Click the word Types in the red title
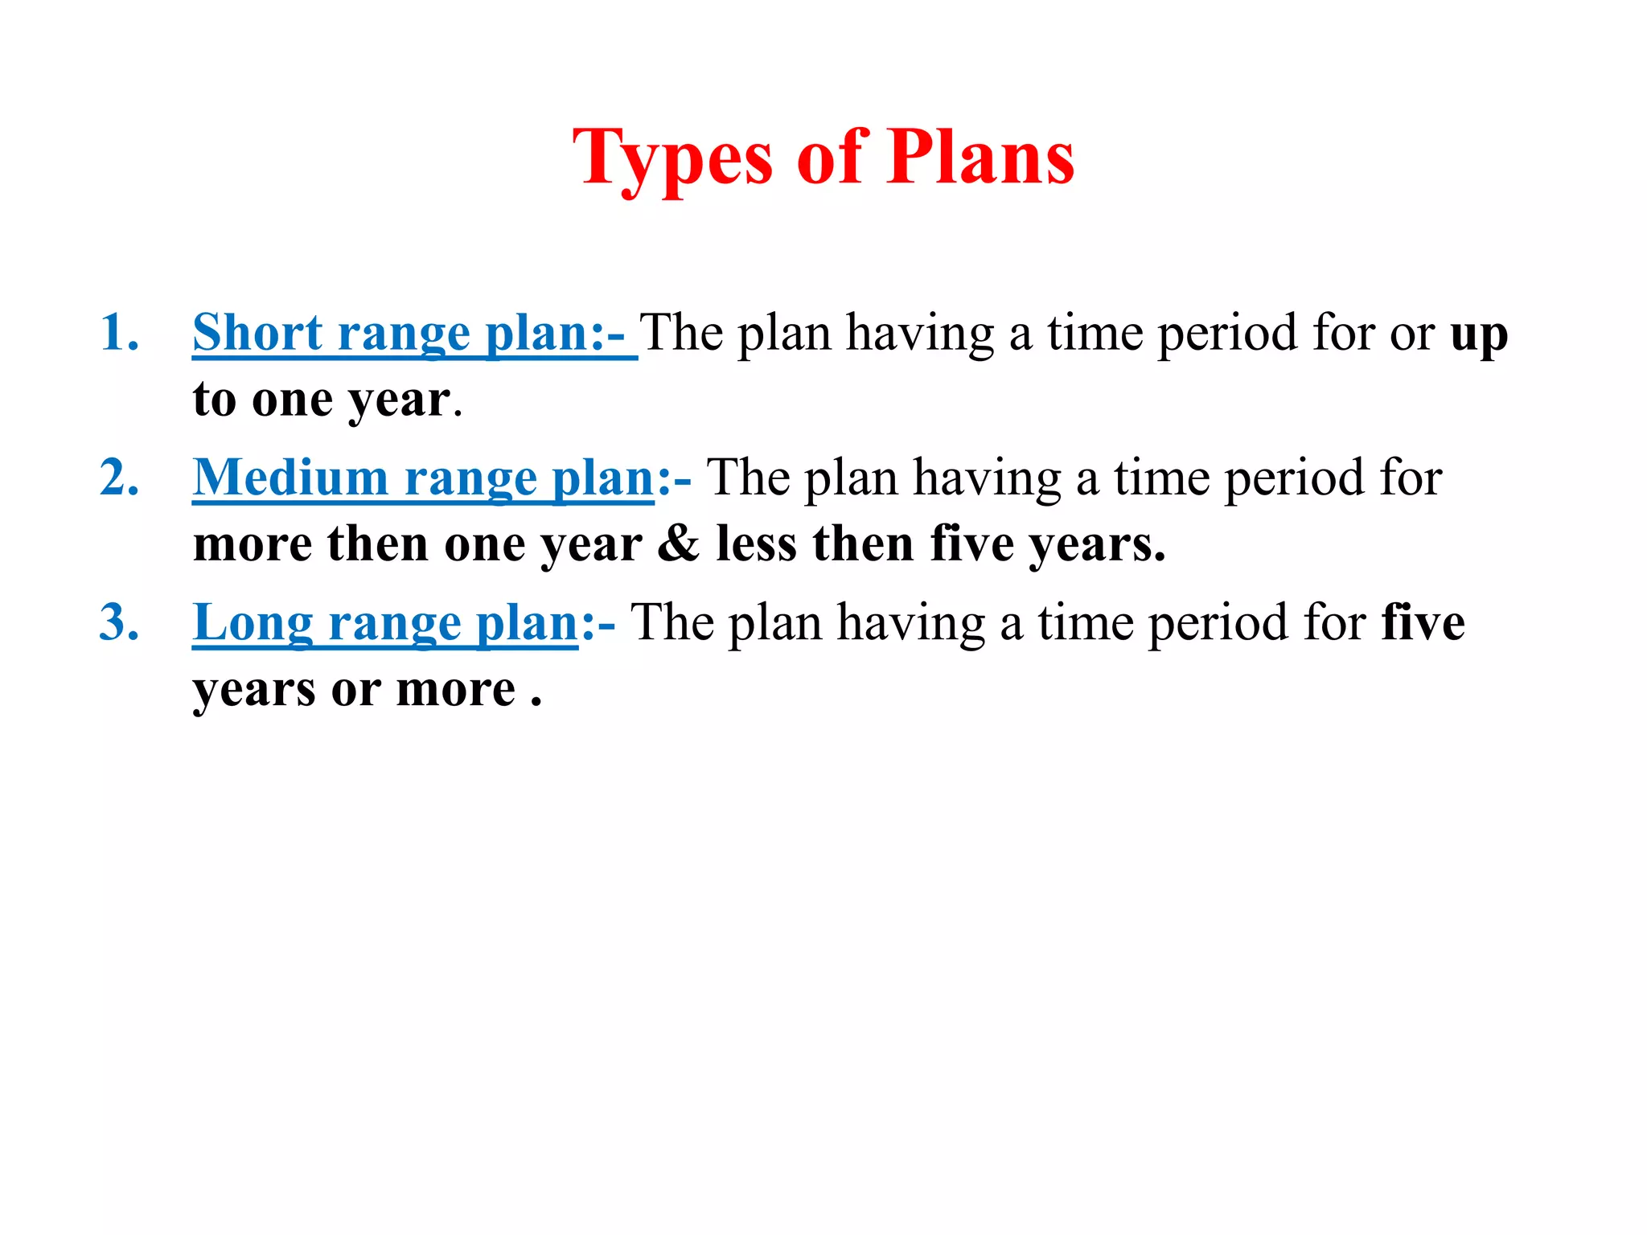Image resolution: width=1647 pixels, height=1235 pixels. coord(672,158)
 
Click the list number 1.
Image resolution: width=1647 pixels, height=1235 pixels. coord(119,333)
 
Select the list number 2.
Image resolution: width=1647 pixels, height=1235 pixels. coord(119,478)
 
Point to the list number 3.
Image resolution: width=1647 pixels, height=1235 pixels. coord(119,622)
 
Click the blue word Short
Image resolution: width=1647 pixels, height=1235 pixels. coord(257,333)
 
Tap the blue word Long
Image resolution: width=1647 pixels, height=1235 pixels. coord(253,624)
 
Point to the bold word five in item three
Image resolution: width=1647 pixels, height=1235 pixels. coord(1423,622)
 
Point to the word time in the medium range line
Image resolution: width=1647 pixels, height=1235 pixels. coord(1161,478)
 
